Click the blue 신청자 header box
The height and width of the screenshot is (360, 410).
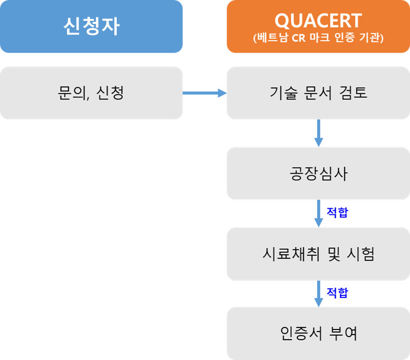[91, 26]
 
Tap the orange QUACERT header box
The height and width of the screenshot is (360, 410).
[318, 26]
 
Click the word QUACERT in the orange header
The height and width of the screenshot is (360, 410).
[318, 21]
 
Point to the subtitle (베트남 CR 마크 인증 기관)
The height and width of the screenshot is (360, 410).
[318, 38]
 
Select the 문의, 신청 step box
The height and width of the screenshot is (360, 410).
[91, 93]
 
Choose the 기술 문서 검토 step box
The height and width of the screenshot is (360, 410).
[318, 93]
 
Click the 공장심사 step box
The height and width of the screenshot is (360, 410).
[318, 174]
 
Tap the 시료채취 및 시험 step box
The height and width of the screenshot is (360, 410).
[318, 254]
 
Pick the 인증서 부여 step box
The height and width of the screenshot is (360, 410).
[318, 333]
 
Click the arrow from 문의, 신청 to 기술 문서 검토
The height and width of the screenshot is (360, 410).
[204, 93]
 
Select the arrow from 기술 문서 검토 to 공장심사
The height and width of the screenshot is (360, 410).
[318, 133]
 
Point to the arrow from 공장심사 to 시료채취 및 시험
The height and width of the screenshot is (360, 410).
[318, 213]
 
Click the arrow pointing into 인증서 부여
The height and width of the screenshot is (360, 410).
[318, 293]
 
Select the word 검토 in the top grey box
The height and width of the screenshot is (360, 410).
[354, 93]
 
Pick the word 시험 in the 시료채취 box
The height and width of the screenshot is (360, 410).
[361, 254]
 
